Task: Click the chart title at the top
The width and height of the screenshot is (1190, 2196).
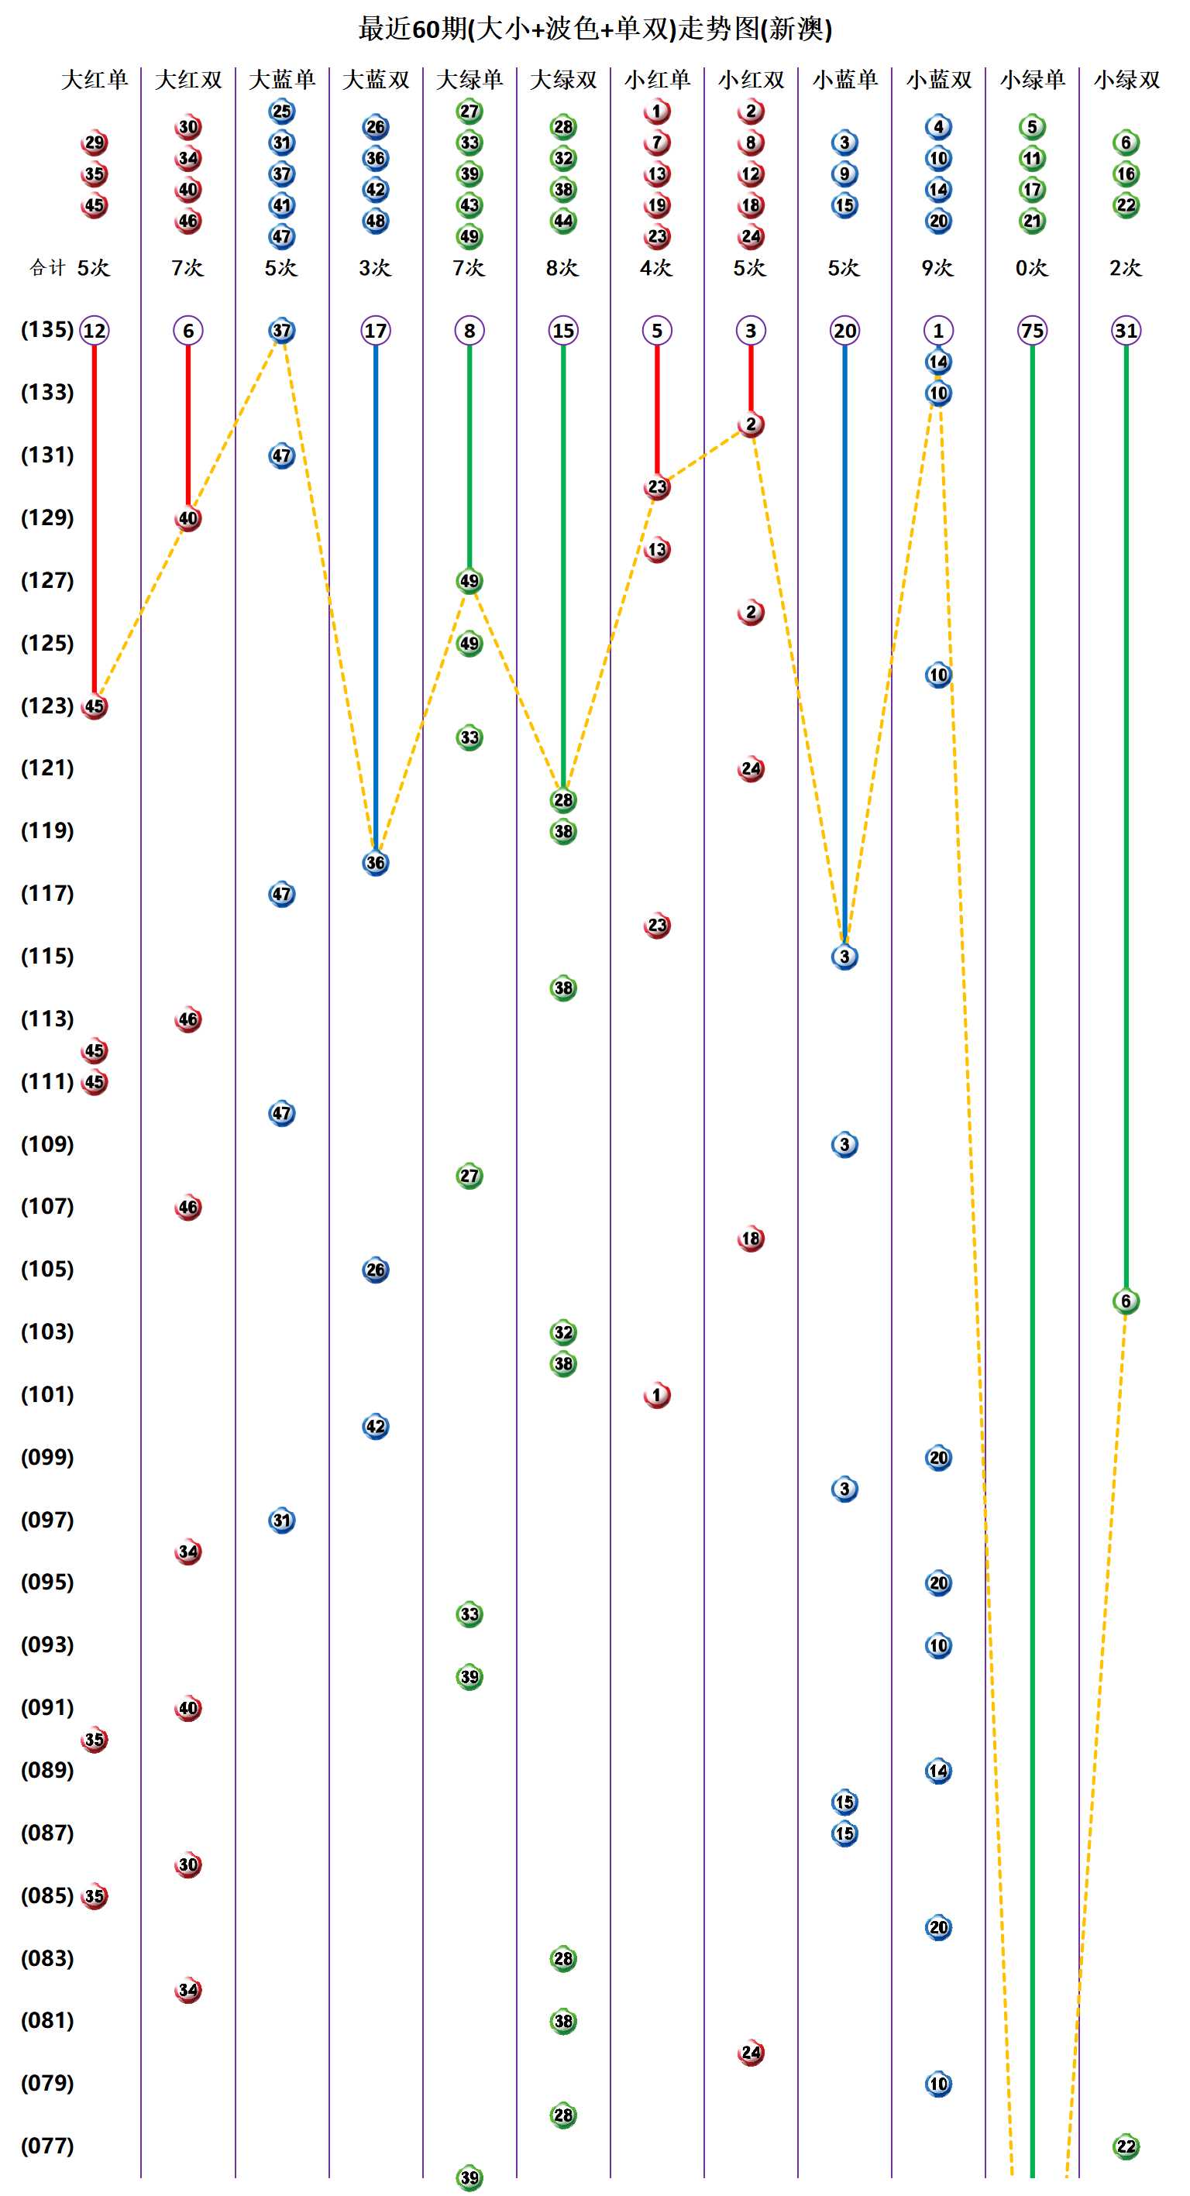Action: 595,29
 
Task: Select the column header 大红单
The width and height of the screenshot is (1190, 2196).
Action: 94,80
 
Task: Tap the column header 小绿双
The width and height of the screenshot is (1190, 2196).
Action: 1126,80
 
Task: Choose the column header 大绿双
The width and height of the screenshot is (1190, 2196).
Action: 562,80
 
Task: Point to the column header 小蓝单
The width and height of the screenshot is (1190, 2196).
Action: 844,80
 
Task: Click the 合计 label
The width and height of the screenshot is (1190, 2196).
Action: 47,268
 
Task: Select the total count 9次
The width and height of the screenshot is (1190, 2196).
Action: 937,268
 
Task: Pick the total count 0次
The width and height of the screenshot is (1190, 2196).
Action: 1030,268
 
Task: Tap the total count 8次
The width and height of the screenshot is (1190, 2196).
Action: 562,268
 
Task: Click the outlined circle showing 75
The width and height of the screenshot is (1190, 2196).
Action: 1031,331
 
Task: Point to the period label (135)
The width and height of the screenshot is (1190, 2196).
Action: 47,329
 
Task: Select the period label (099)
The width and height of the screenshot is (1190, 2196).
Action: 47,1457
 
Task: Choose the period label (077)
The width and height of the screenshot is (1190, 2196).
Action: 47,2145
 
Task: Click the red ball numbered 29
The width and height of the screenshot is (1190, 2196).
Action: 94,143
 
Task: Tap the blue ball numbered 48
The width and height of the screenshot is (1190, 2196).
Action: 375,221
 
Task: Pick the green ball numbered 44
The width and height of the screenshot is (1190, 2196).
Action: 562,221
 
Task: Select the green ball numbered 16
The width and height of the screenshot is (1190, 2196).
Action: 1125,174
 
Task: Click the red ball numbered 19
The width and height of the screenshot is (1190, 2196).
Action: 656,205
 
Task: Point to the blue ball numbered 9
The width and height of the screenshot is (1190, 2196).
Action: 844,174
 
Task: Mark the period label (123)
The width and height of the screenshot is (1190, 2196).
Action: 47,705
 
